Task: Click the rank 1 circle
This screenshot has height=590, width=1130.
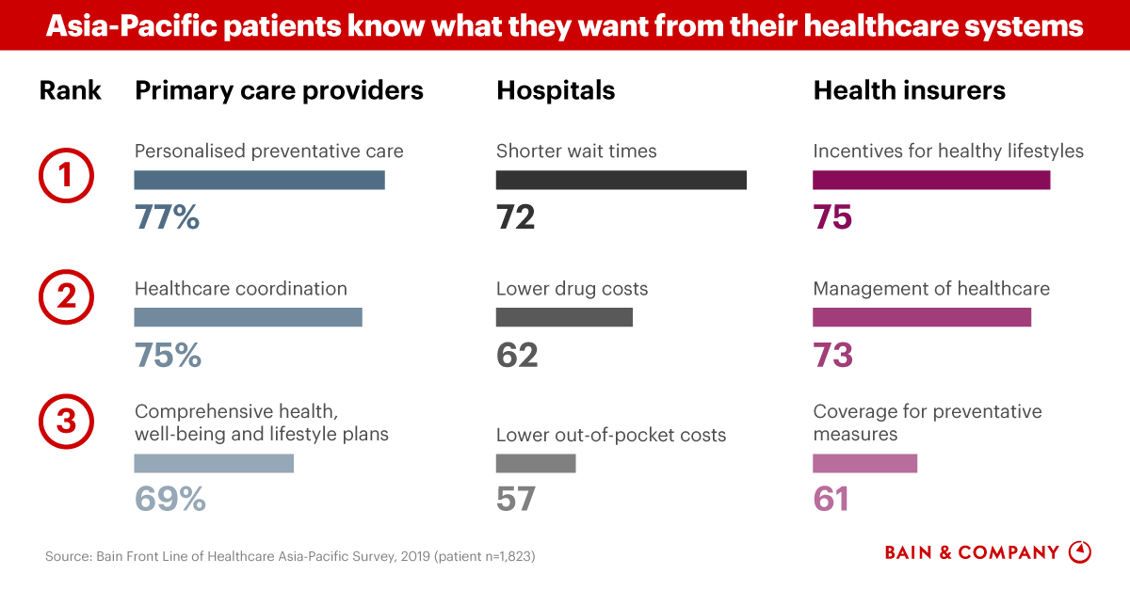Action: click(x=65, y=176)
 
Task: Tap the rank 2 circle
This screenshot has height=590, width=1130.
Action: click(x=65, y=298)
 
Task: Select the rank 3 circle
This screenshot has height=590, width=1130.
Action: click(x=65, y=423)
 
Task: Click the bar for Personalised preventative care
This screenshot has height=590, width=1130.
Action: click(x=259, y=180)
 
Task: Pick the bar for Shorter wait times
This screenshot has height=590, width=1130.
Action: click(x=621, y=180)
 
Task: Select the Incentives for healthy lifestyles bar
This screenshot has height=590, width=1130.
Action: click(x=930, y=180)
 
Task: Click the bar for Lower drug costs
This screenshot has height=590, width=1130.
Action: click(x=564, y=317)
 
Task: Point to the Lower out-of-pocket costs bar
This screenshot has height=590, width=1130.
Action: click(x=535, y=463)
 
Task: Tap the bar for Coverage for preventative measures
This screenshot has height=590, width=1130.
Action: click(x=864, y=463)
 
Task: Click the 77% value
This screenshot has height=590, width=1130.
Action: click(x=168, y=217)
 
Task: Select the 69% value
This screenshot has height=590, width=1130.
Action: click(x=170, y=499)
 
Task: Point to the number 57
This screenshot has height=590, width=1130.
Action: click(x=516, y=499)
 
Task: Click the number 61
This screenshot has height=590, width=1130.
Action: click(x=831, y=499)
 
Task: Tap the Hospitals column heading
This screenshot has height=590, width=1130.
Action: click(x=556, y=90)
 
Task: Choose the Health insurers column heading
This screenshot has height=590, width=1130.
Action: click(x=909, y=90)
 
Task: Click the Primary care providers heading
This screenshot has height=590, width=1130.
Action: click(x=280, y=90)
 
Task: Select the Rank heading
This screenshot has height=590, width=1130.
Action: click(x=71, y=90)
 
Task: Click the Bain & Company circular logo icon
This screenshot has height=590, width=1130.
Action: click(x=1080, y=552)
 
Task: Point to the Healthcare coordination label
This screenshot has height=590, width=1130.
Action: click(x=241, y=289)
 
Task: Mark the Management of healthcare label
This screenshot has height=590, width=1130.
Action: click(x=930, y=289)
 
